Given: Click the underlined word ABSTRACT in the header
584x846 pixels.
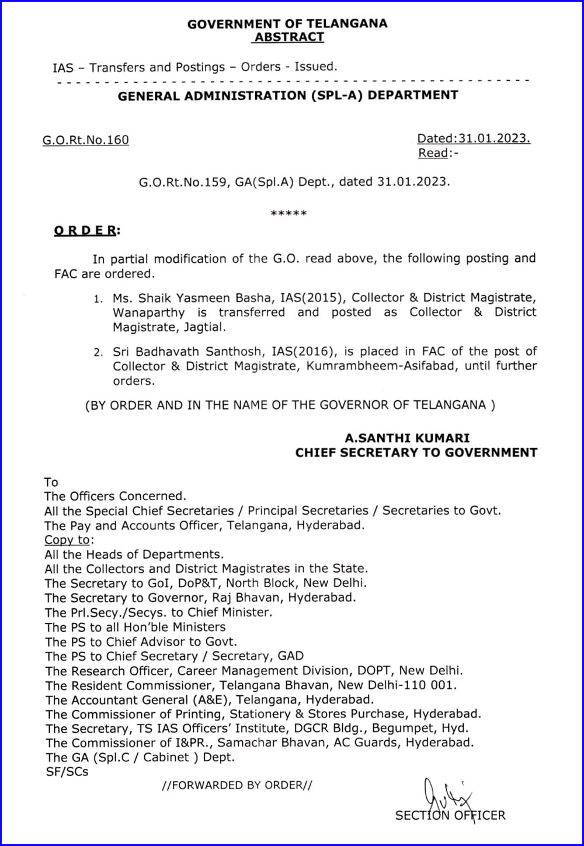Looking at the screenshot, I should click(288, 37).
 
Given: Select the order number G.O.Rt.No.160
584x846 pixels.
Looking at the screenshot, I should click(86, 140).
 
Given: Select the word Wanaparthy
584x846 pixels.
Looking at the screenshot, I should click(148, 313).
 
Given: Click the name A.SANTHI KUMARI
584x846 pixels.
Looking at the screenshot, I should click(407, 438).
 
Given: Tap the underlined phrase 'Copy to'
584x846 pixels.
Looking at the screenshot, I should click(68, 540).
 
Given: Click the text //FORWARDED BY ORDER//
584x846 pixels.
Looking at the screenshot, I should click(237, 785).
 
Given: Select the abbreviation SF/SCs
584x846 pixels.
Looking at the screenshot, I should click(67, 772).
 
